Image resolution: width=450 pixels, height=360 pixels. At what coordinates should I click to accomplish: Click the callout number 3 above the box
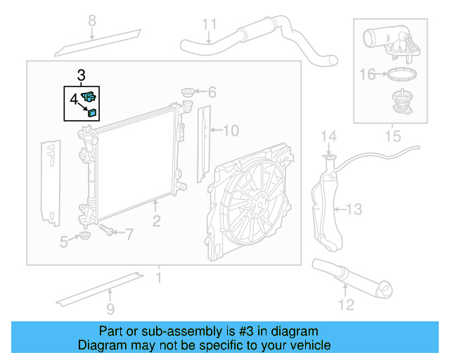coord(82,74)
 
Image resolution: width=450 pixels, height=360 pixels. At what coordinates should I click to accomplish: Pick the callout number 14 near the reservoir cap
coord(329,136)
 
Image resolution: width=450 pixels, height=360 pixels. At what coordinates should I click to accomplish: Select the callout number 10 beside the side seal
coord(231,130)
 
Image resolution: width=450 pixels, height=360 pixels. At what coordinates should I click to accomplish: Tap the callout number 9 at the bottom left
coord(110,308)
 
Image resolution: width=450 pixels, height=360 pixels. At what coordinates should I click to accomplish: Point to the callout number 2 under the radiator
coord(156,221)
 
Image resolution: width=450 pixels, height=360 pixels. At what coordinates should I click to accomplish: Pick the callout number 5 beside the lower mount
coord(64,242)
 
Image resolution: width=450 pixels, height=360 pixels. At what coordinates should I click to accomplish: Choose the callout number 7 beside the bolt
coord(129,233)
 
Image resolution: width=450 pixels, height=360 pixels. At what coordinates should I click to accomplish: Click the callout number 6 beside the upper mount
coord(212,92)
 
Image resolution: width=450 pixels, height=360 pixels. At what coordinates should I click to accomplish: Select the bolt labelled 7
coord(108,230)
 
